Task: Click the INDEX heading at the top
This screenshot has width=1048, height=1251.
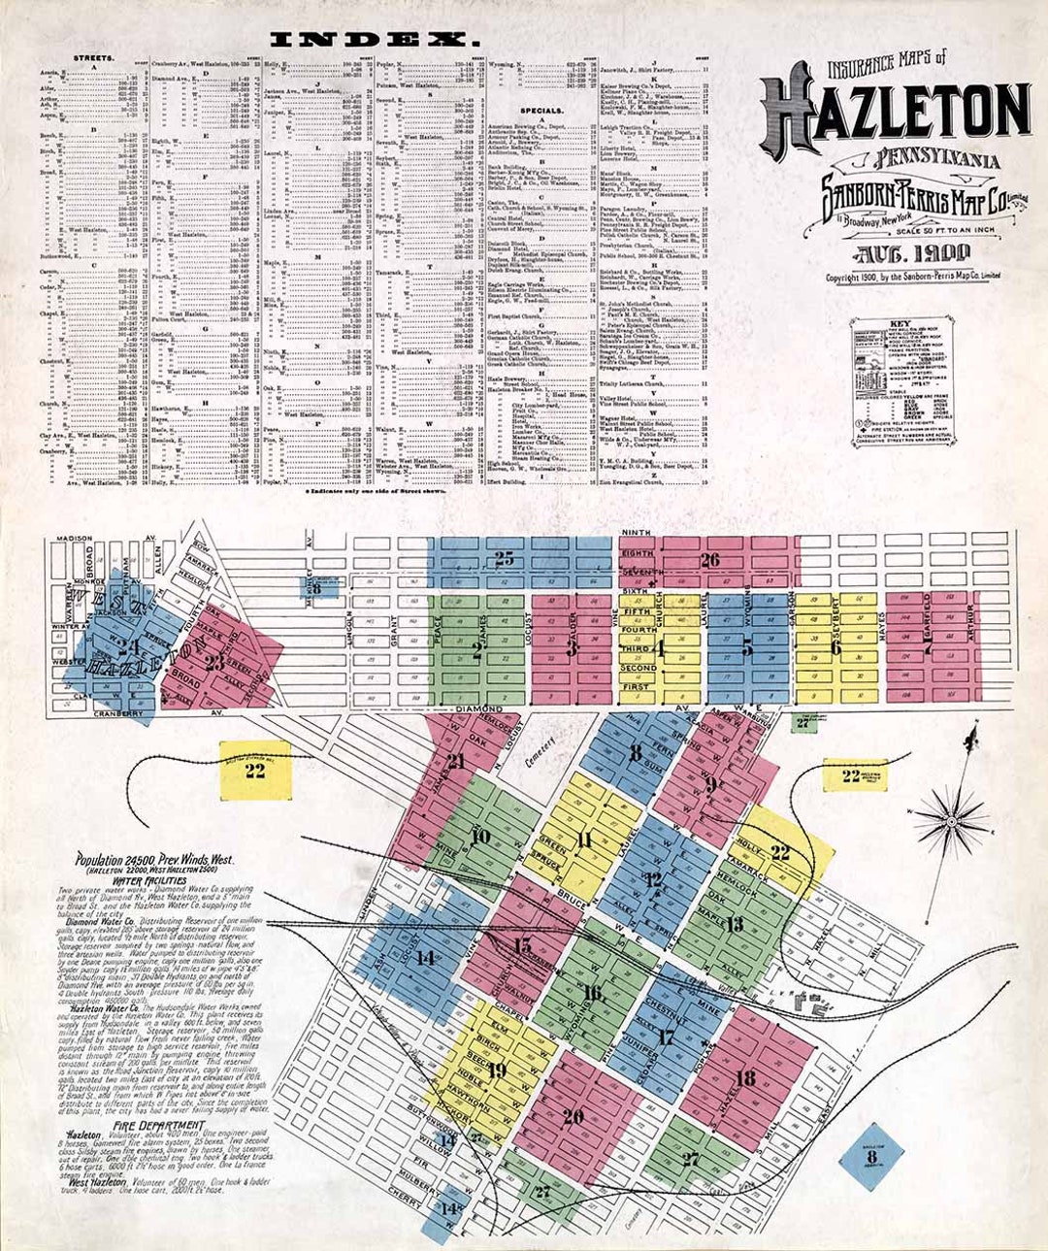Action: click(x=375, y=40)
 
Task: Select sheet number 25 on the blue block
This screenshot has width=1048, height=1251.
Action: click(x=504, y=558)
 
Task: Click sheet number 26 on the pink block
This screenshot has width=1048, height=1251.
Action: click(x=710, y=559)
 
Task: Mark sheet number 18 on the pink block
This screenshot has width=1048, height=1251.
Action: click(x=745, y=1077)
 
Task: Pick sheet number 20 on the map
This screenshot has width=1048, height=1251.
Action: click(x=573, y=1117)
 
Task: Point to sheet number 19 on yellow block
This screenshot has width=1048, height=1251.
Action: click(x=497, y=1070)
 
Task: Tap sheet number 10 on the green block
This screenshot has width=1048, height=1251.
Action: click(x=479, y=837)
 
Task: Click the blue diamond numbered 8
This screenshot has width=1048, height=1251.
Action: click(x=871, y=1156)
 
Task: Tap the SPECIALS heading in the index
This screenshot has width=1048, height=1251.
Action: click(x=540, y=110)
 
